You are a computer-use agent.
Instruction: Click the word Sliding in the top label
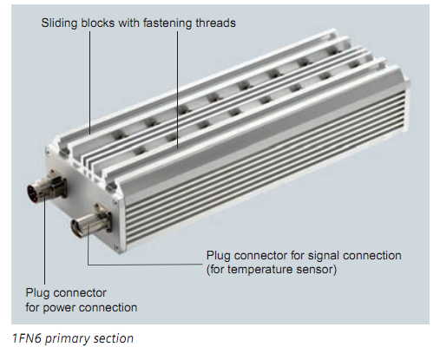coord(59,23)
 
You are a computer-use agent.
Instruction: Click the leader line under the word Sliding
coord(89,82)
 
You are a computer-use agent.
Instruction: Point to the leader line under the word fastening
coord(177,89)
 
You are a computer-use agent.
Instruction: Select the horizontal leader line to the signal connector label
coord(145,264)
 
